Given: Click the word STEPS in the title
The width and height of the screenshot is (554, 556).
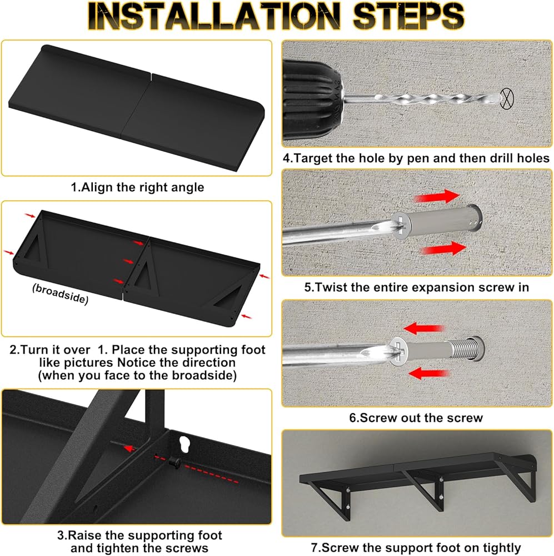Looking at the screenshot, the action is coord(408,16).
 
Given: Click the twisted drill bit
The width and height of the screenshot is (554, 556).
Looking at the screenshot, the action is coord(422,97).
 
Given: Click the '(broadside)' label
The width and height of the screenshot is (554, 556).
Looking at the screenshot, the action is coord(60,294).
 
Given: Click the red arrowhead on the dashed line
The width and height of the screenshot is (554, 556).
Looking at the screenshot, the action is coord(129,449).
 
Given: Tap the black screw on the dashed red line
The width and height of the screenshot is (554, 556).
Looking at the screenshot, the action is coord(174,462).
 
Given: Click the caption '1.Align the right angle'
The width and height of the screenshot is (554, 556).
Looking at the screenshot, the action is coord(137,187).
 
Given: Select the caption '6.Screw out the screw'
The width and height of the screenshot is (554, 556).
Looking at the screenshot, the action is coord(416,418).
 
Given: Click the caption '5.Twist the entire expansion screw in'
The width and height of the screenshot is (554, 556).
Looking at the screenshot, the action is coord(417,287).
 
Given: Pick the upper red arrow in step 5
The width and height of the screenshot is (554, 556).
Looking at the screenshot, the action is coord(437,196).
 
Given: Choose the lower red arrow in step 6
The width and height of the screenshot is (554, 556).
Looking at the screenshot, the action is coord(429,373).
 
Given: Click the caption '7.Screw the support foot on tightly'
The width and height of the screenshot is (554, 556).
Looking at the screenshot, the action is coord(416,548).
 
